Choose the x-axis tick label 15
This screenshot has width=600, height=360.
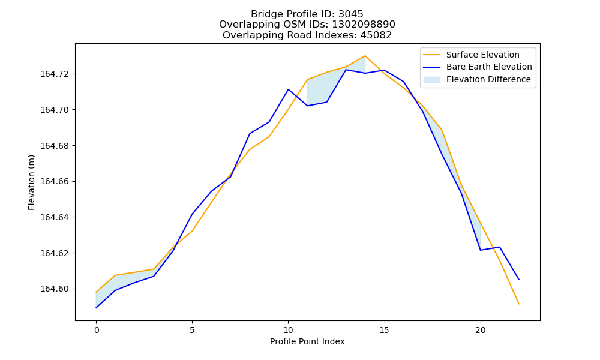pyautogui.click(x=384, y=330)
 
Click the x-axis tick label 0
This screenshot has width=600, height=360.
pyautogui.click(x=97, y=330)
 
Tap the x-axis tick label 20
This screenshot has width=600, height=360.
pyautogui.click(x=480, y=330)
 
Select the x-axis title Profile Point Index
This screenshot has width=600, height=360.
pyautogui.click(x=307, y=341)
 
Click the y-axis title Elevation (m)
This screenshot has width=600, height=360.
pyautogui.click(x=31, y=182)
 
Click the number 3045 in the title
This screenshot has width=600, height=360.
pyautogui.click(x=351, y=14)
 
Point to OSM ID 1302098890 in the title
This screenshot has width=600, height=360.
pyautogui.click(x=364, y=25)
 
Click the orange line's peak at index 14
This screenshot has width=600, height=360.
pyautogui.click(x=365, y=56)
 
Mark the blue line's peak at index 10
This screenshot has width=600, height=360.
pyautogui.click(x=288, y=89)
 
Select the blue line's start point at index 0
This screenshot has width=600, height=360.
pyautogui.click(x=96, y=308)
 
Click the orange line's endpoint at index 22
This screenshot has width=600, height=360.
pyautogui.click(x=519, y=304)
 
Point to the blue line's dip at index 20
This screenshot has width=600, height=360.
pyautogui.click(x=480, y=250)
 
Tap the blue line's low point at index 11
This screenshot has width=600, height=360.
pyautogui.click(x=307, y=106)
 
